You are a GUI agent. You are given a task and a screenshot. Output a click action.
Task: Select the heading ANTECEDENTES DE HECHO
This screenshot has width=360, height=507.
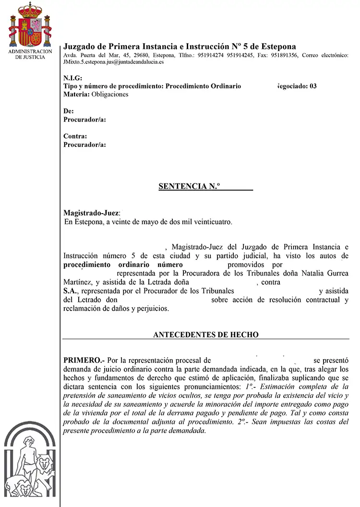point(205,335)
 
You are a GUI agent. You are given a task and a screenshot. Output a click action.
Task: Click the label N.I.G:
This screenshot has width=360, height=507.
point(73,78)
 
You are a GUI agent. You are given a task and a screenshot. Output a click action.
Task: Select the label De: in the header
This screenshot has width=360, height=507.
point(69,111)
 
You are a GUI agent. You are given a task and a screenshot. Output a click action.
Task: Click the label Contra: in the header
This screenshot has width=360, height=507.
point(75,136)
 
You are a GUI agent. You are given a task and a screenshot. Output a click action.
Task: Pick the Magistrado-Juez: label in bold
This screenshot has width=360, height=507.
point(92,212)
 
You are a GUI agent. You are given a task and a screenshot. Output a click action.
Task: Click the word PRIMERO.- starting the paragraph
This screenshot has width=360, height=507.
point(84,360)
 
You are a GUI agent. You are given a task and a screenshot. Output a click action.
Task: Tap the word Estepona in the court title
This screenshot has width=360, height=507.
point(278,47)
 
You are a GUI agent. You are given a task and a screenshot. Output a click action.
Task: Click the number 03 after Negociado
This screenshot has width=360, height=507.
point(312,86)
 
